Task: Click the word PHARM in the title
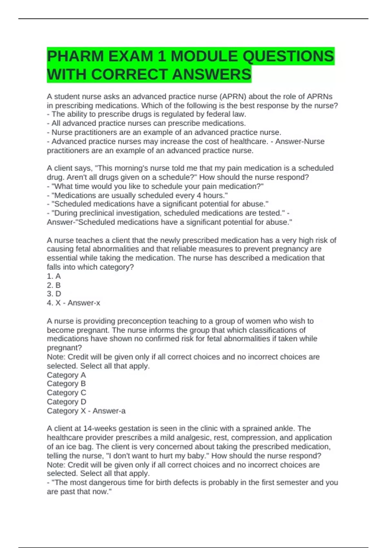click(x=75, y=56)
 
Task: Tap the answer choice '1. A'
click(x=54, y=276)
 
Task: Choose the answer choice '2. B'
click(x=54, y=285)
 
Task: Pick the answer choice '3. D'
click(x=54, y=294)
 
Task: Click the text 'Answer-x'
click(x=84, y=303)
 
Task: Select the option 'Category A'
click(x=66, y=375)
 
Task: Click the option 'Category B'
click(x=66, y=384)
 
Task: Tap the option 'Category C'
click(x=66, y=393)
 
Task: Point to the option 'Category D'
click(x=66, y=402)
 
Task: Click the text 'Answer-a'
click(x=109, y=411)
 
